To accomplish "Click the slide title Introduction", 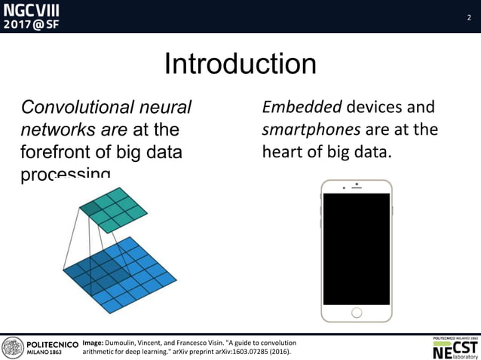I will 240,64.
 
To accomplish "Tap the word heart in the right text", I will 281,151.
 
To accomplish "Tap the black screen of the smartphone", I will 357,249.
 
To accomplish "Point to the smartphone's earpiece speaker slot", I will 357,185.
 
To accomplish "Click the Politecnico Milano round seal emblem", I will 13,347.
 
